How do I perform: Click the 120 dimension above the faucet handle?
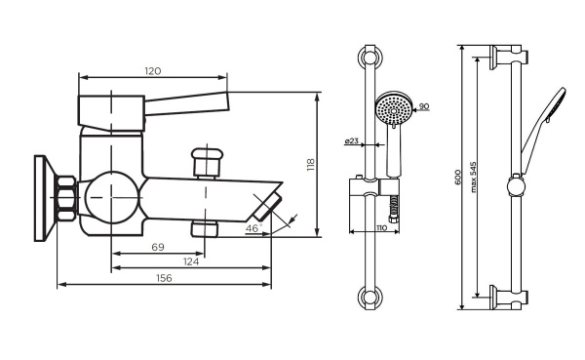pos(152,71)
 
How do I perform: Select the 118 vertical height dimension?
pos(311,165)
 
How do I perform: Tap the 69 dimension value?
pos(158,248)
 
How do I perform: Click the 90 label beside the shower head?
pos(425,105)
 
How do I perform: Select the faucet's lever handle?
pos(156,103)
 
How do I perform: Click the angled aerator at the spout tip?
pos(267,207)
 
